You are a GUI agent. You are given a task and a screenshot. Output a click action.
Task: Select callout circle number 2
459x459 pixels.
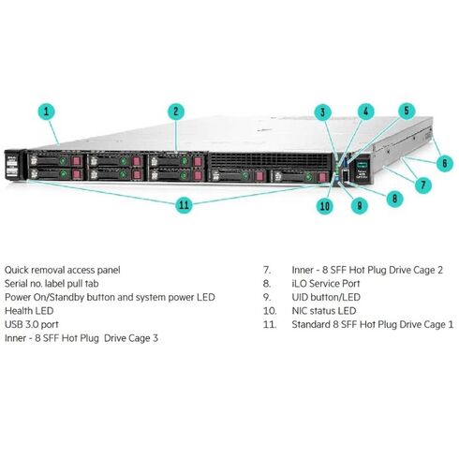[x=174, y=111]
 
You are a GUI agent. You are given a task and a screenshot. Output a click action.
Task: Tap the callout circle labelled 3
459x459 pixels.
[x=323, y=113]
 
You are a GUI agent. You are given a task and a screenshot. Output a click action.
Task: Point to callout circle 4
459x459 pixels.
[x=365, y=110]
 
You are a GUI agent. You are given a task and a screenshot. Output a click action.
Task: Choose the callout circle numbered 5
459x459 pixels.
[x=406, y=110]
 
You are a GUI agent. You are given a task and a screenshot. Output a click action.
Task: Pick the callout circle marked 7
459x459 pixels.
[x=423, y=185]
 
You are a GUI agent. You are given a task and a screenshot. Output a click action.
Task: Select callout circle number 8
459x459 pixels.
[x=395, y=198]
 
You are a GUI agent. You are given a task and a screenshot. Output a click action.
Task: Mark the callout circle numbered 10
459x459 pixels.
[x=324, y=206]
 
